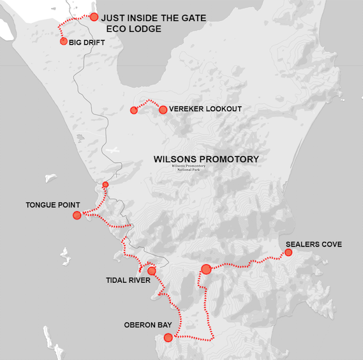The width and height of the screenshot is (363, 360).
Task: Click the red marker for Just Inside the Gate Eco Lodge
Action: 94,17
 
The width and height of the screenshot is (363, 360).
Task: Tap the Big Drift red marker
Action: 64,41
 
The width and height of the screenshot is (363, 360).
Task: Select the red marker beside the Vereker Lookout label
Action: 163,110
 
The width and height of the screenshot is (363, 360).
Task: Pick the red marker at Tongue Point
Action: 77,215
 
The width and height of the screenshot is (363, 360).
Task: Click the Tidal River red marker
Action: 152,271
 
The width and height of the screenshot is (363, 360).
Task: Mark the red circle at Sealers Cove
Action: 288,253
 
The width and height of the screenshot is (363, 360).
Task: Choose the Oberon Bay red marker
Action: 168,338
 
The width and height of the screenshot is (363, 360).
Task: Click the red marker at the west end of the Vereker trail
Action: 134,110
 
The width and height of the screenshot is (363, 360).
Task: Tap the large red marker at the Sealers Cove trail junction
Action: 205,269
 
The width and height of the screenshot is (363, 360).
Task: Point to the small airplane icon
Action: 114,151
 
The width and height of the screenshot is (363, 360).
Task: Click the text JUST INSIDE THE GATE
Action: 154,18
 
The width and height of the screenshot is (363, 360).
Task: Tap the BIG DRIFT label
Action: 86,43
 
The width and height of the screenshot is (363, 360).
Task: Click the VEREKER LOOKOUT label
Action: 205,109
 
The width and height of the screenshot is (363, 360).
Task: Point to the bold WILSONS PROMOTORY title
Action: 206,159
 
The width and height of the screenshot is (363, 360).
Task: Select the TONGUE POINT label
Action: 53,206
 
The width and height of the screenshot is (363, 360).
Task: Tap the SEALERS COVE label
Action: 314,244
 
